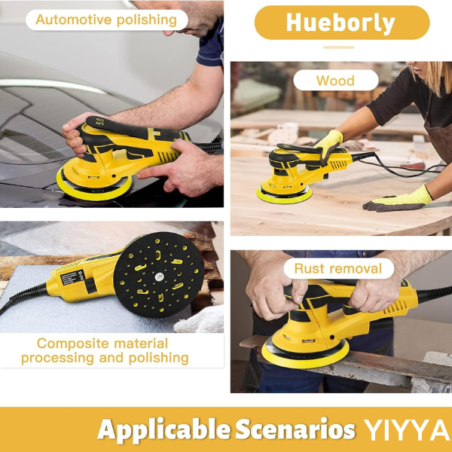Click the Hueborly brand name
pos(341,23)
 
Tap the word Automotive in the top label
pos(74,20)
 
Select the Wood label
pos(335,81)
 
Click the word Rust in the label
pos(308,269)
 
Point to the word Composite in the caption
pos(73,344)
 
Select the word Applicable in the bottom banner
pos(164,430)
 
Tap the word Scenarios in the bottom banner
pos(295,429)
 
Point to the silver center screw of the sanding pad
pos(159,276)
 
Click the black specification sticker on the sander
pos(72,278)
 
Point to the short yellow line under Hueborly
pos(339,47)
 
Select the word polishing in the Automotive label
pos(147,20)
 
